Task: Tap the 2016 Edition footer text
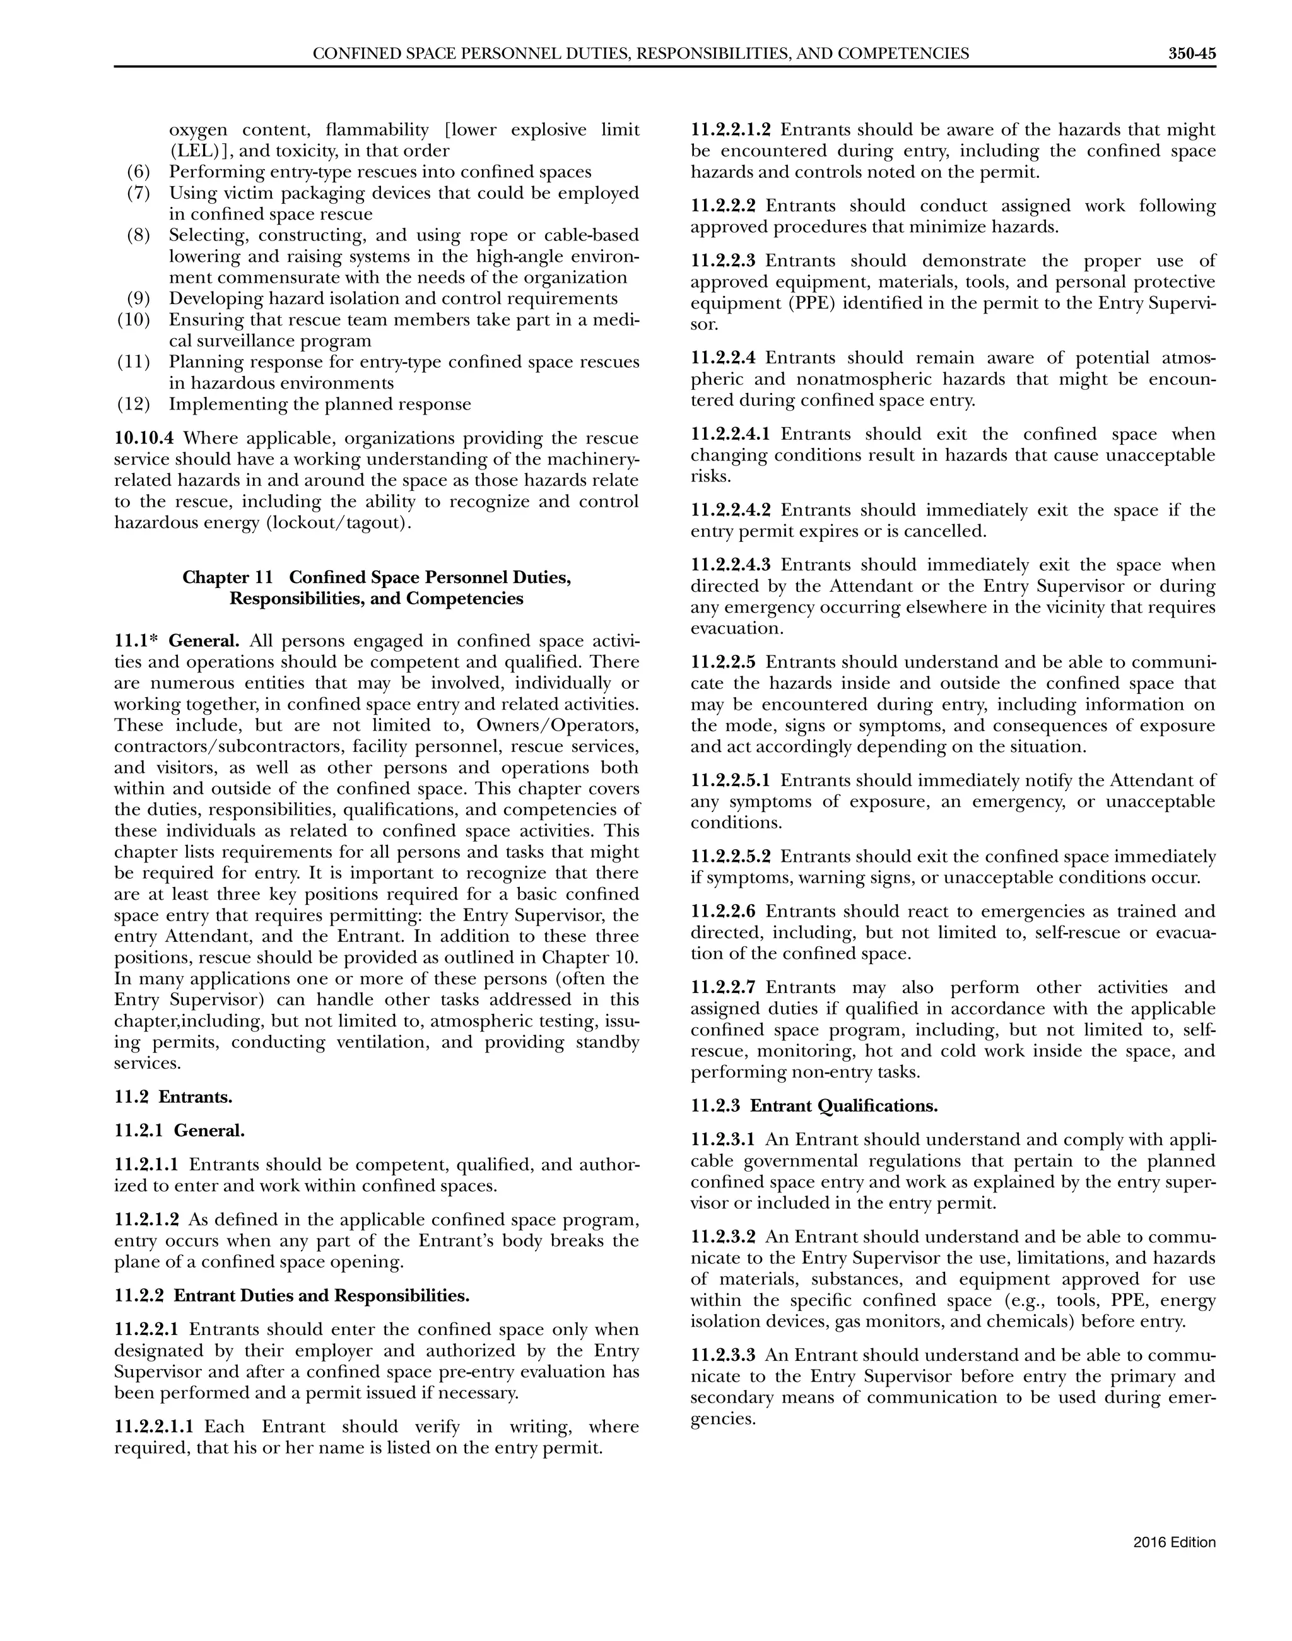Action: point(1174,1543)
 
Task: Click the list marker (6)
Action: point(138,172)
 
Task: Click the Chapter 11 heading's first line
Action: point(376,577)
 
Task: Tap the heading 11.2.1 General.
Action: point(180,1131)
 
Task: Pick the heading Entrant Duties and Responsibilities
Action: point(322,1296)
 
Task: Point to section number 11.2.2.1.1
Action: point(153,1427)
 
